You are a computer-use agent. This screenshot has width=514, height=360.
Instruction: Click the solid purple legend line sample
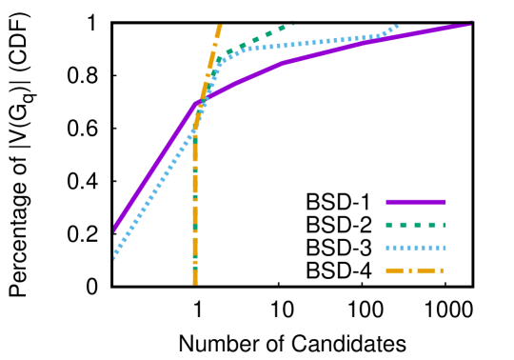tap(416, 202)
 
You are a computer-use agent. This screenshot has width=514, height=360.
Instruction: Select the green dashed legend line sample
tap(416, 225)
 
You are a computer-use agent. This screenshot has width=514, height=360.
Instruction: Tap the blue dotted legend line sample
tap(416, 248)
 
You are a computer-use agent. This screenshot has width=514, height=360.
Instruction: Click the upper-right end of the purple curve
tap(471, 24)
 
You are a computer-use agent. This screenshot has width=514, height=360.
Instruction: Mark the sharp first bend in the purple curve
tap(196, 102)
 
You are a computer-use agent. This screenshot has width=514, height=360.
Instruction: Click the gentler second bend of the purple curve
tap(283, 63)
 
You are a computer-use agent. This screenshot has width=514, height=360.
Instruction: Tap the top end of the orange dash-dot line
tap(220, 26)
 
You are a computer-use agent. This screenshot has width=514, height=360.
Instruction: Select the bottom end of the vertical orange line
tap(195, 283)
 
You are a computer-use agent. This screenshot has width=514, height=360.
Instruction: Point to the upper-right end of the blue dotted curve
tap(397, 27)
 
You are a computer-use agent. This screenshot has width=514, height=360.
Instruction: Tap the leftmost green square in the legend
tap(389, 225)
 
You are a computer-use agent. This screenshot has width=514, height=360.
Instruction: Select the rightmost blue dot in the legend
tap(444, 248)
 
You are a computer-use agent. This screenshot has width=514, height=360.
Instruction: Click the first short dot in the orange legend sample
tap(410, 270)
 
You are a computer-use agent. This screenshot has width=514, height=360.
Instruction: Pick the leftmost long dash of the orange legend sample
tap(394, 270)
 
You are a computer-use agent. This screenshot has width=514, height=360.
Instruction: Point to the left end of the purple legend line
tap(386, 202)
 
